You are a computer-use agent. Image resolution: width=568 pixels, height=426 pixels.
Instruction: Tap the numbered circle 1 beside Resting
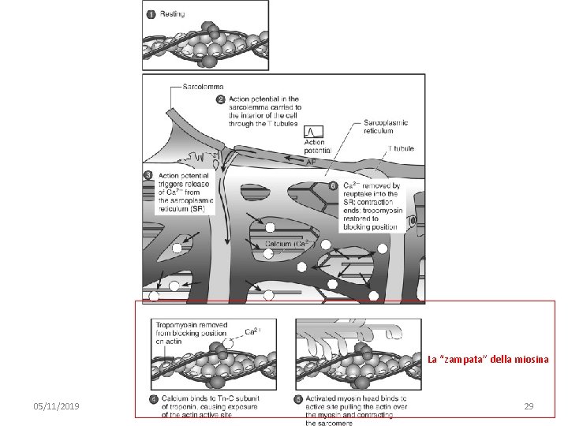(x=150, y=14)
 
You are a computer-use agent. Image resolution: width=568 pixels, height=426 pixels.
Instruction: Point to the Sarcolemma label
(x=203, y=85)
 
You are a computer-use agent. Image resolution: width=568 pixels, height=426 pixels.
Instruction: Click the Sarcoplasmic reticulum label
(x=387, y=127)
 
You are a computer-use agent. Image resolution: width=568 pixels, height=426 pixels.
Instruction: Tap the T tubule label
(x=400, y=148)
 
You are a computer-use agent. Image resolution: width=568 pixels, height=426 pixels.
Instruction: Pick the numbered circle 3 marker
(x=148, y=174)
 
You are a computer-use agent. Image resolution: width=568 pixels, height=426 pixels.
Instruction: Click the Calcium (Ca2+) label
(x=285, y=244)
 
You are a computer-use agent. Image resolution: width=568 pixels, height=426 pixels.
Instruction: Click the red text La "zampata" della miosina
(x=488, y=360)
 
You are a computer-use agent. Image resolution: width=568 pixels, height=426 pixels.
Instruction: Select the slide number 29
(x=529, y=405)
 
